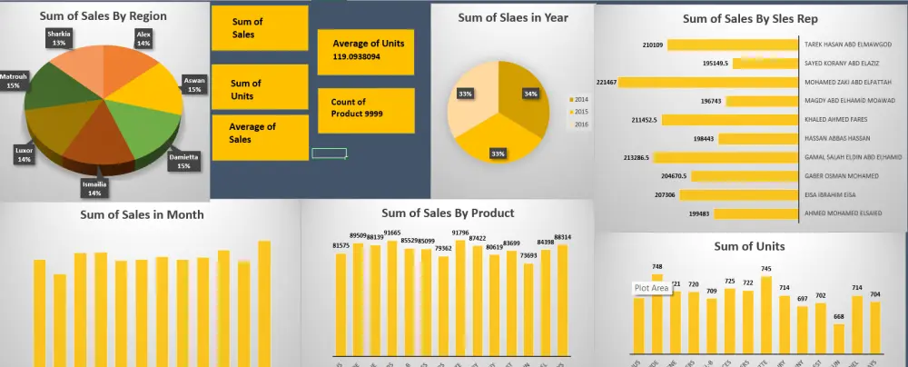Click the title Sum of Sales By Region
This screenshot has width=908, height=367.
point(103,15)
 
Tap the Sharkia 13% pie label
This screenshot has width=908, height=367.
point(61,37)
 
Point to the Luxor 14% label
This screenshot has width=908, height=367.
point(24,154)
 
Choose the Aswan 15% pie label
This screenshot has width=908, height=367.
point(193,84)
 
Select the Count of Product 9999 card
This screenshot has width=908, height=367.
point(368,109)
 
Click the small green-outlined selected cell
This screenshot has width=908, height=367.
point(329,154)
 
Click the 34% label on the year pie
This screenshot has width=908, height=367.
point(530,93)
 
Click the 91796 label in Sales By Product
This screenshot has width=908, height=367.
point(460,233)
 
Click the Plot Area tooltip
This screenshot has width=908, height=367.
point(652,288)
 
